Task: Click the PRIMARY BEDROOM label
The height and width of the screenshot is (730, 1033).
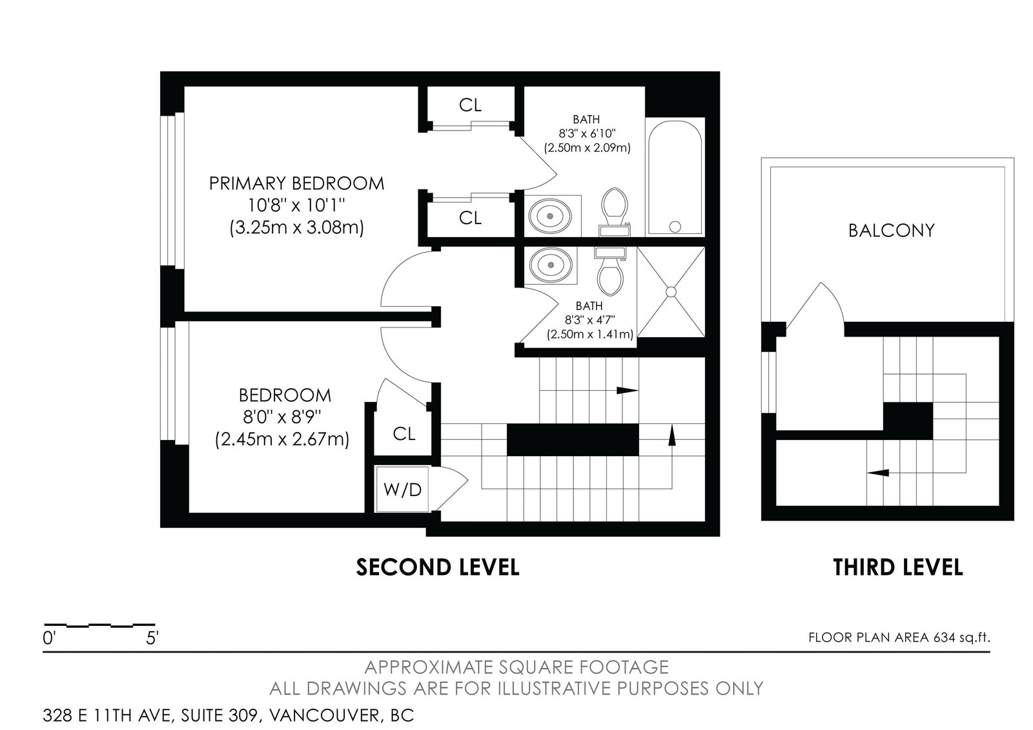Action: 296,183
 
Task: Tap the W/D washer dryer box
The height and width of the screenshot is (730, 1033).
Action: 403,490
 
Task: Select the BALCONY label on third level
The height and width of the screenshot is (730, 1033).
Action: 892,230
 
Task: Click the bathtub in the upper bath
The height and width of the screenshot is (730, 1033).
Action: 675,178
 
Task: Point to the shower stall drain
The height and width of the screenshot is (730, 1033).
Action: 671,291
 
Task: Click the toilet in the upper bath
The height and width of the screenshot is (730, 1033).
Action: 615,212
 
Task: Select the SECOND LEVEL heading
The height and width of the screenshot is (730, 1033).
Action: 438,567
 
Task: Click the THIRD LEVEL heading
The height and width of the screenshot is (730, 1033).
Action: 898,567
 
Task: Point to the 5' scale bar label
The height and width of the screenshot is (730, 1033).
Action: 152,639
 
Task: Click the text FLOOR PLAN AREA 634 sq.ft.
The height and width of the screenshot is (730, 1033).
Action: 899,638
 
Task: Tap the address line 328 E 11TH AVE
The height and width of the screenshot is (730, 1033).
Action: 107,716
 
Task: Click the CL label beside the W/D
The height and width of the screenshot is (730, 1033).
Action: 404,433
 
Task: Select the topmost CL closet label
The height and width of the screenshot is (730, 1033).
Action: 471,105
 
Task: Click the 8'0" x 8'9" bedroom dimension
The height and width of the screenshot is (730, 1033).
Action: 282,417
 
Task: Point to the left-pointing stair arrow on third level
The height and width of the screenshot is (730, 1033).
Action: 877,472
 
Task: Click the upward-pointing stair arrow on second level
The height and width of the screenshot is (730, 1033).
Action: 672,435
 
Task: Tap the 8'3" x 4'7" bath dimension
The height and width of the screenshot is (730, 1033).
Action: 590,320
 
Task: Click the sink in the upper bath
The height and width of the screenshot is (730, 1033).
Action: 549,216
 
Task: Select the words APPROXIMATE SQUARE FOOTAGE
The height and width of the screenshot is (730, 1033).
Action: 516,667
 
